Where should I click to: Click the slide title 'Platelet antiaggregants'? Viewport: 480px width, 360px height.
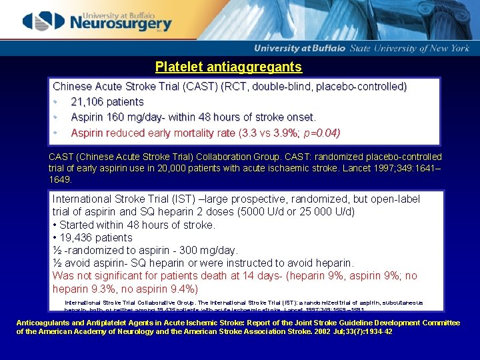(228, 67)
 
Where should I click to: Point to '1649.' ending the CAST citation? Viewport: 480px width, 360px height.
(61, 180)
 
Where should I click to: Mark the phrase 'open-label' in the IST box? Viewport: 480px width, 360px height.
(397, 199)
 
